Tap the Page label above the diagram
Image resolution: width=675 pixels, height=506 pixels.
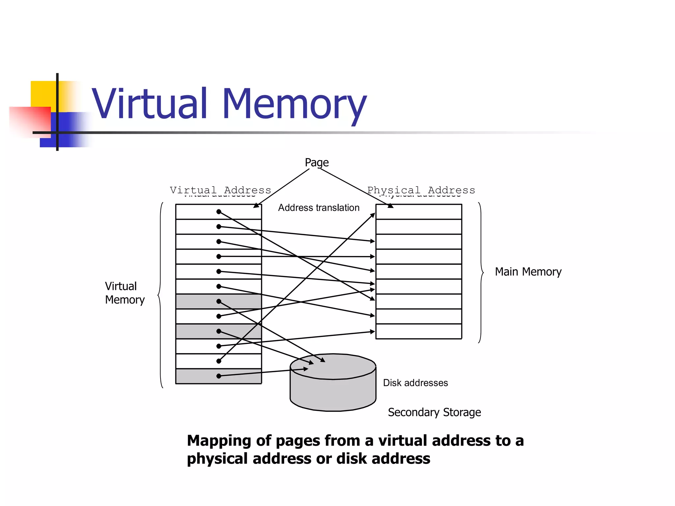click(x=316, y=162)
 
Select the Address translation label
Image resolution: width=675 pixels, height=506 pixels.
click(x=318, y=208)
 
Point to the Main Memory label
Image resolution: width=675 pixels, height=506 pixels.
click(x=528, y=272)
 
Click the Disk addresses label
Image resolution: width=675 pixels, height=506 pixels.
click(x=415, y=383)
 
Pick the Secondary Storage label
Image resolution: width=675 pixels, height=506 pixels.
click(x=434, y=412)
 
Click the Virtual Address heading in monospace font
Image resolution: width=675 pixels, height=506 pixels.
click(x=220, y=190)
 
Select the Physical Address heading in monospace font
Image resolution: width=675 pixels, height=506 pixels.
click(x=421, y=190)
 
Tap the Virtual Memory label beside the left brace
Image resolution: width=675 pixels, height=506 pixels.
click(x=124, y=293)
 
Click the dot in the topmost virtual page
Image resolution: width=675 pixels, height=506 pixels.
click(x=219, y=212)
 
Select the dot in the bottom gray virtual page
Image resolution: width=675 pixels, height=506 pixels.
click(x=219, y=376)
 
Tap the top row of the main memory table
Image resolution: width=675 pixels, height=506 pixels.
click(x=419, y=212)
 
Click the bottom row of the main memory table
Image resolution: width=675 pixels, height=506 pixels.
click(x=419, y=331)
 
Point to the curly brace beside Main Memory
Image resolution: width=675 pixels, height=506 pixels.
click(x=481, y=273)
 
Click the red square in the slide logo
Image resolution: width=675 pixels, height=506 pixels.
click(x=30, y=120)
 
